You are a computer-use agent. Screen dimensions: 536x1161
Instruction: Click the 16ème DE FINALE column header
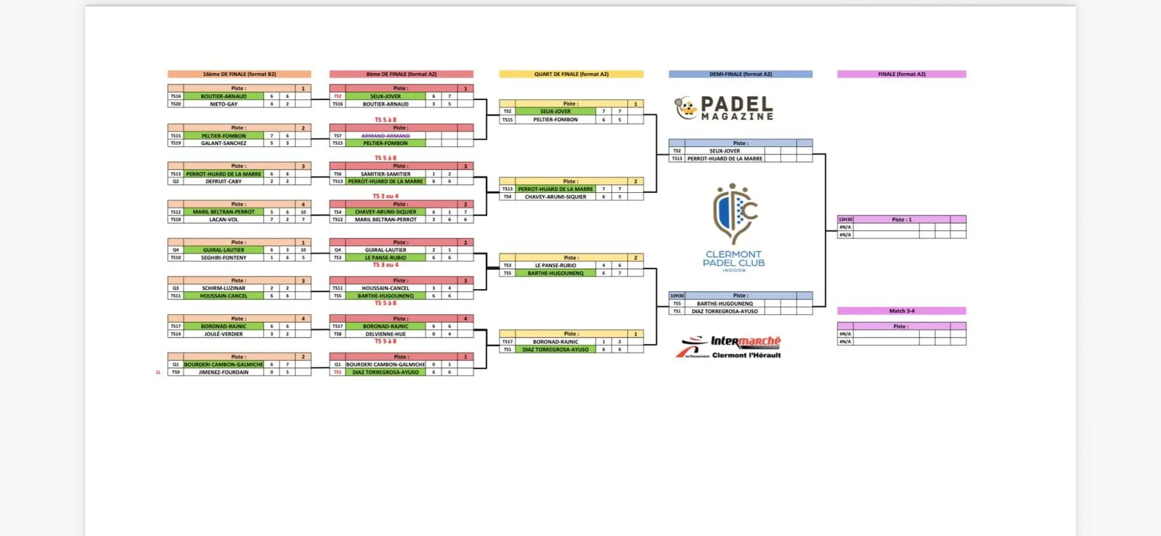point(239,74)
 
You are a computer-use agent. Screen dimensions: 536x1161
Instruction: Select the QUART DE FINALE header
point(571,74)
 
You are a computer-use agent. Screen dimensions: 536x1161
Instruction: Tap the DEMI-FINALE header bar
point(740,74)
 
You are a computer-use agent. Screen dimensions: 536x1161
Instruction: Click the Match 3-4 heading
point(902,311)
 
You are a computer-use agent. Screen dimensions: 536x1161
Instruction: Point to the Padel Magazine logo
point(724,109)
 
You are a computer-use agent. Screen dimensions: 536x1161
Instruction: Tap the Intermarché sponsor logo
point(730,347)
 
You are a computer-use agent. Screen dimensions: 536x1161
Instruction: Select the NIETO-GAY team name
point(223,105)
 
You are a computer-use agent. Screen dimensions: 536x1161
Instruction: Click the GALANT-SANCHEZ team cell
point(223,143)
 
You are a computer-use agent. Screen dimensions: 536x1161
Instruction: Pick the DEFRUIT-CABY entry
point(223,182)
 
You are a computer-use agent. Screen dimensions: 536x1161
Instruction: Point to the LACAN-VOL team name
point(223,220)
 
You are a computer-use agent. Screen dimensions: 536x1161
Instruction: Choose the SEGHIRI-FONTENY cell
point(223,258)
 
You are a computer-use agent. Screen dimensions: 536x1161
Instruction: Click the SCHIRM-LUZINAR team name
point(223,289)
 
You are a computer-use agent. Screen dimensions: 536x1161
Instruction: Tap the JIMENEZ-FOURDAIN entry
point(223,373)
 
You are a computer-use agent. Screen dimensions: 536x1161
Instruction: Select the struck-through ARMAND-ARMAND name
point(385,136)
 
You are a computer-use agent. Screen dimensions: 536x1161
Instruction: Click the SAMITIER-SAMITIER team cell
point(385,174)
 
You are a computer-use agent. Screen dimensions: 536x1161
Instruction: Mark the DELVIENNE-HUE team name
point(385,334)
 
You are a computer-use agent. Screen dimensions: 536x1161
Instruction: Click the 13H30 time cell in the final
point(845,220)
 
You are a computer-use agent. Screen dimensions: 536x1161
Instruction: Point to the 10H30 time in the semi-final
point(677,296)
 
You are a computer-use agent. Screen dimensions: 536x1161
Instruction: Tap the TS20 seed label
point(175,105)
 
